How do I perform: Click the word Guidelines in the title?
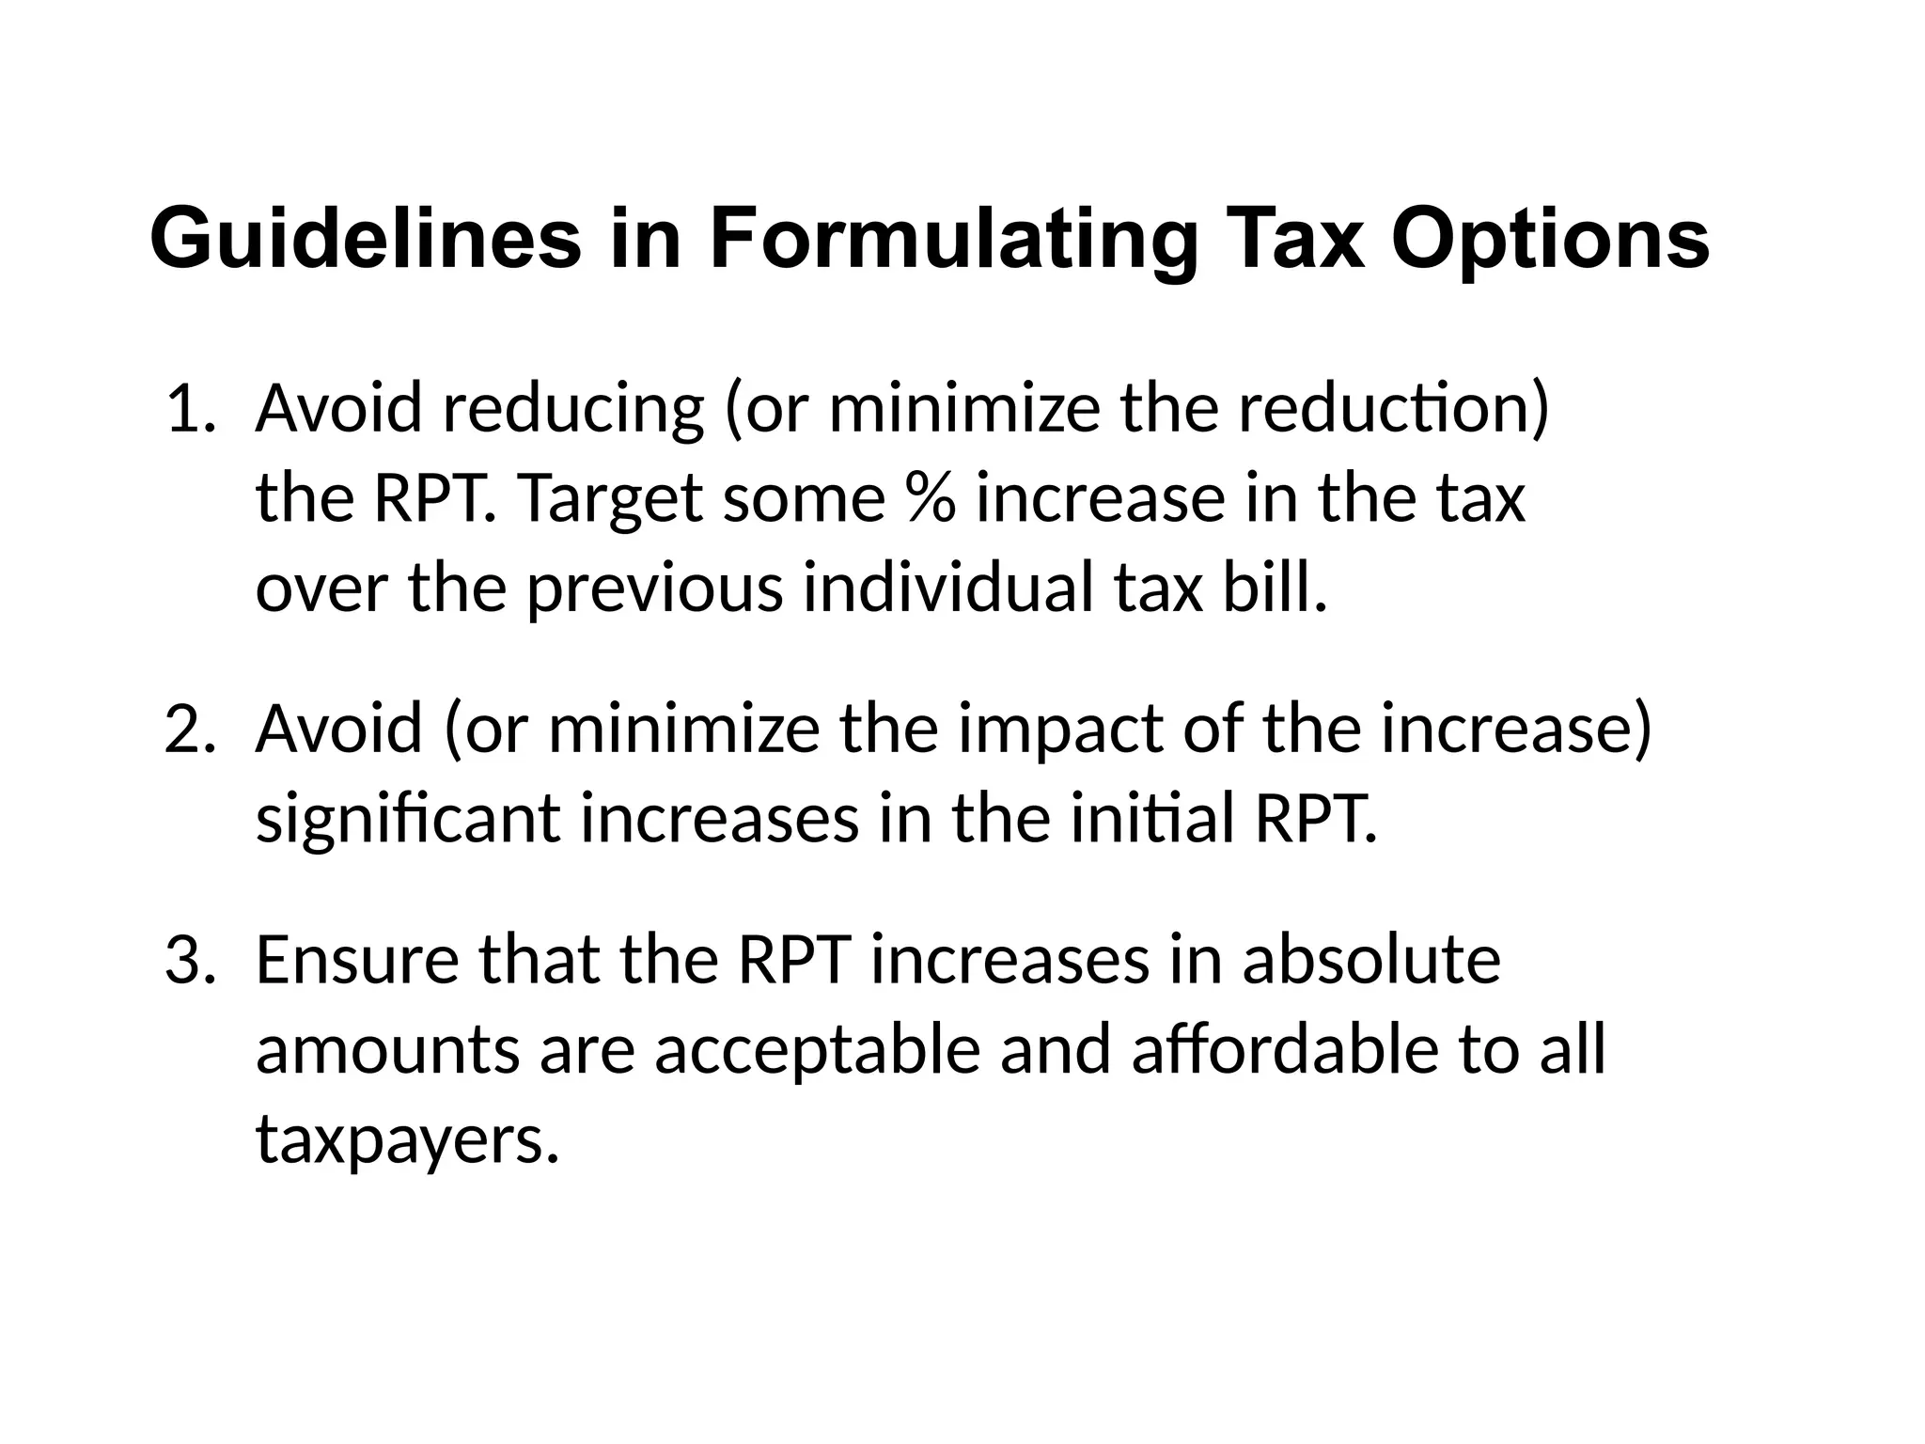(x=366, y=240)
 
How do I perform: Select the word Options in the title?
(x=1550, y=240)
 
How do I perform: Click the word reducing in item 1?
(x=572, y=410)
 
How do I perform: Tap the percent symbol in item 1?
(x=931, y=499)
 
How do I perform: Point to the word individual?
(x=948, y=589)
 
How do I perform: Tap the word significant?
(x=408, y=819)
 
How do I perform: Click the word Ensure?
(x=356, y=961)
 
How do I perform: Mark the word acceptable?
(x=818, y=1050)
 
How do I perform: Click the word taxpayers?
(x=407, y=1139)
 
